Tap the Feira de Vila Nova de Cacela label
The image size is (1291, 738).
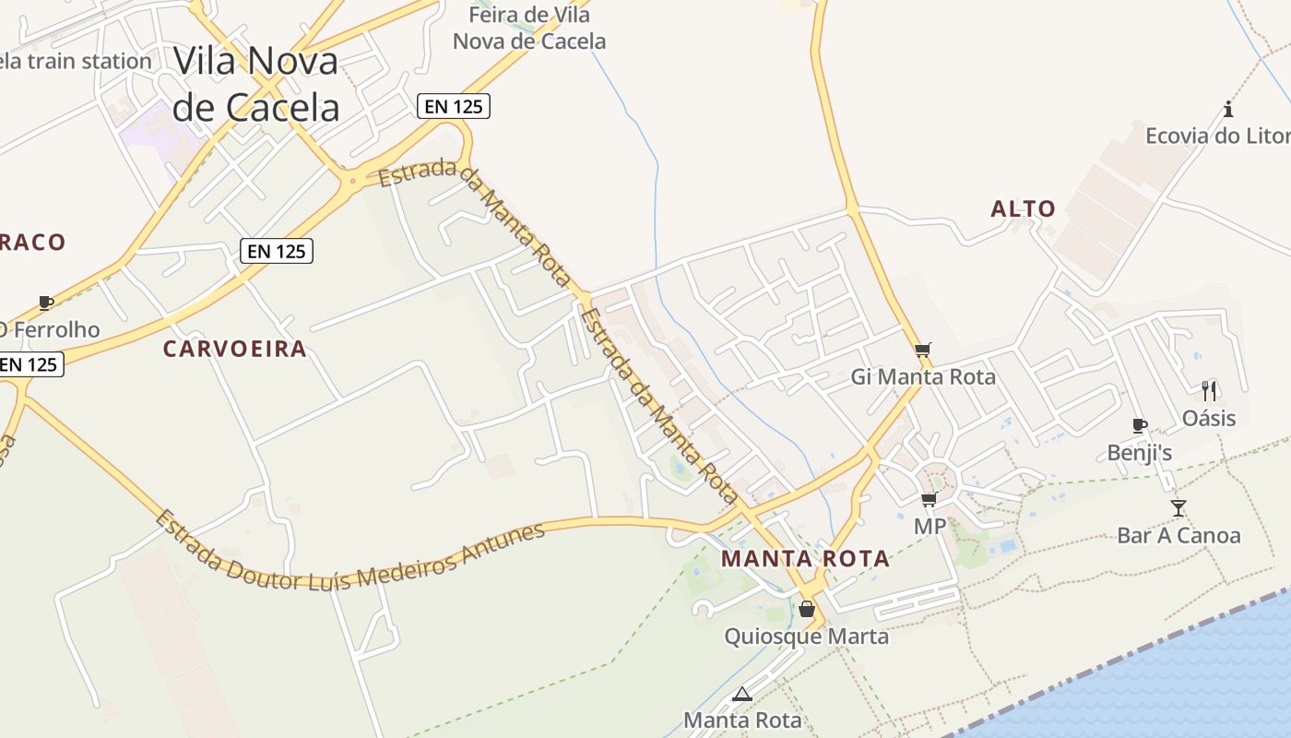(529, 28)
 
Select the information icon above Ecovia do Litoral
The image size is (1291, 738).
(1228, 109)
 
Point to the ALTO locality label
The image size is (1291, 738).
(1023, 209)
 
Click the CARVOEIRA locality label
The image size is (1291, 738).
(234, 349)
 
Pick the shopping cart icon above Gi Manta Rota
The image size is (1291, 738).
(922, 350)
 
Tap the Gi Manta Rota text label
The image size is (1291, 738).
(923, 376)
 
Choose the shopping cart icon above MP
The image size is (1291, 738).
(929, 499)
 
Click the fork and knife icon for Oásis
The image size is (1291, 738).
(1209, 390)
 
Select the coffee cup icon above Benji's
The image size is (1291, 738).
(1140, 425)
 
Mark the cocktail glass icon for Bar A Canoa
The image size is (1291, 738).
(1178, 507)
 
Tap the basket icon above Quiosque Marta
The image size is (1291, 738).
(806, 609)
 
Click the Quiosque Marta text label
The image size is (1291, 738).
(806, 637)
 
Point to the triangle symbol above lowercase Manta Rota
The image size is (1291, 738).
(741, 694)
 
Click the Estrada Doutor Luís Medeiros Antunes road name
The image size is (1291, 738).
(349, 554)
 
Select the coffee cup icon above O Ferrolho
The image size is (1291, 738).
(45, 302)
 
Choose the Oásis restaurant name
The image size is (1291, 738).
(1209, 418)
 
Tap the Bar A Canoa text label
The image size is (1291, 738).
(1178, 535)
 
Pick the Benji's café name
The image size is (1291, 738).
(1140, 453)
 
